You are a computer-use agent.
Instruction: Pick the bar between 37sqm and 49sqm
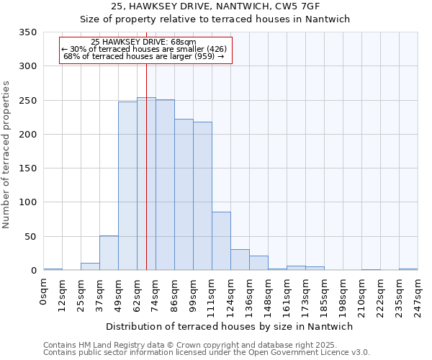(x=109, y=253)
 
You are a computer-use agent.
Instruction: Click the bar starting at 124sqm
(x=240, y=260)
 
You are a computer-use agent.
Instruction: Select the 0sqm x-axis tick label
(x=44, y=291)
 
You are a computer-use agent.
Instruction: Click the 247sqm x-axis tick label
(x=418, y=294)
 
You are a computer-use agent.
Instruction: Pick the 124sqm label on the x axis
(x=231, y=294)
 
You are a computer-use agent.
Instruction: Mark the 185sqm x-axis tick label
(x=325, y=294)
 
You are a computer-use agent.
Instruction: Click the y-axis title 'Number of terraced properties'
(x=7, y=155)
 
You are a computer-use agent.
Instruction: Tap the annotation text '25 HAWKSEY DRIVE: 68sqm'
(x=144, y=42)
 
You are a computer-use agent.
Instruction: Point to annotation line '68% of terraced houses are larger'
(x=144, y=56)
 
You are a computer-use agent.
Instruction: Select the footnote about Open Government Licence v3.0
(x=205, y=352)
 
